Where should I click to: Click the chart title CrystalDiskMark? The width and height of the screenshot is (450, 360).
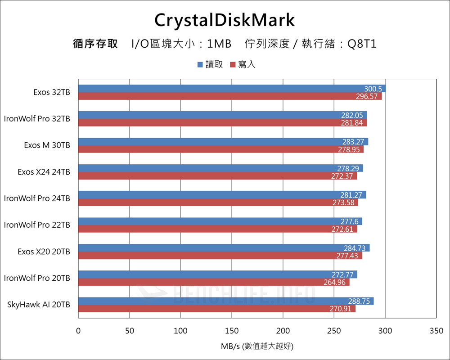tap(225, 20)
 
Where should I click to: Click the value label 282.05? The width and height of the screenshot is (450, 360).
tap(352, 115)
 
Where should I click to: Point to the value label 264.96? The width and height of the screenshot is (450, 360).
tap(335, 282)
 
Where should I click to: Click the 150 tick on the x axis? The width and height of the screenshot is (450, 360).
tap(232, 331)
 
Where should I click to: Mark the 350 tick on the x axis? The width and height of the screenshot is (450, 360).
tap(436, 331)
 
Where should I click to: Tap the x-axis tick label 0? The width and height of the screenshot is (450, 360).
tap(78, 331)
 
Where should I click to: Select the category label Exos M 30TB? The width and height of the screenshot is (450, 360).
tap(47, 145)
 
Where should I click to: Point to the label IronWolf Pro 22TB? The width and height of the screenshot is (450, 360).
tap(37, 225)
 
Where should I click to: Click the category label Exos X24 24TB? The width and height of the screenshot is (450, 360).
tap(44, 172)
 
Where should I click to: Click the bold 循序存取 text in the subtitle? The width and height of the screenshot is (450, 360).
tap(95, 44)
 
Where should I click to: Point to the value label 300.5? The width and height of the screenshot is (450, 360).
tap(373, 89)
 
